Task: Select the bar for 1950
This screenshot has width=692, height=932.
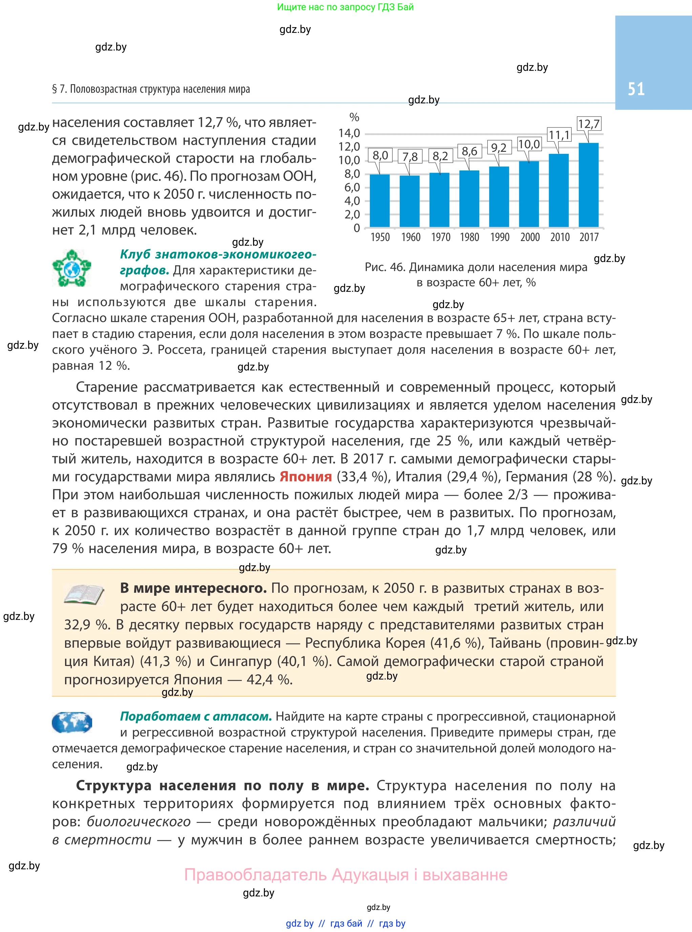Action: tap(379, 200)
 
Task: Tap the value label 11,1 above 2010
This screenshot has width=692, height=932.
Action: tap(559, 135)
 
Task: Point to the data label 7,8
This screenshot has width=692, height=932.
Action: tap(410, 157)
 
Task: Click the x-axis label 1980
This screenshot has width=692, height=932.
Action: tap(469, 237)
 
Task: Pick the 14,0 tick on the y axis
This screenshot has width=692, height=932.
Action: tap(349, 133)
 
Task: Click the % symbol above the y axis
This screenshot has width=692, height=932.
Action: tap(354, 117)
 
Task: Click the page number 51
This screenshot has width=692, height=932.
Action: tap(635, 89)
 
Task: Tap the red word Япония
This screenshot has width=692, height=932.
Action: tap(306, 477)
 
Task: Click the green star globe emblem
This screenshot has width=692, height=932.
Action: tap(71, 268)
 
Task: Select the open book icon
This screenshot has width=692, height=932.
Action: tap(84, 594)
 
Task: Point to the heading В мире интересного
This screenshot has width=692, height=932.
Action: tap(193, 588)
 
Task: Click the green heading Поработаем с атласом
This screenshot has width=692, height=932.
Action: tap(196, 716)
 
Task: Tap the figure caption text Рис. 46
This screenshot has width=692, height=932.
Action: tap(476, 267)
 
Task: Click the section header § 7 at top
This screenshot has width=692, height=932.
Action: tap(151, 89)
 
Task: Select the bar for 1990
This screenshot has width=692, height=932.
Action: tap(499, 197)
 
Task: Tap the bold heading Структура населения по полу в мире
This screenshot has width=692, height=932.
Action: tap(222, 785)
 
